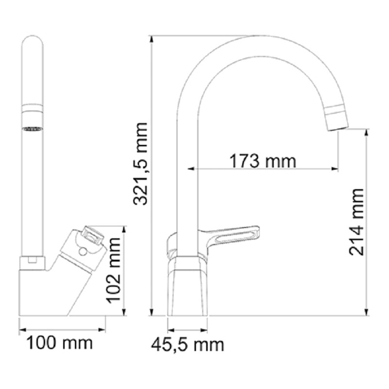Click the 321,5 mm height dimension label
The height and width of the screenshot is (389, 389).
140,164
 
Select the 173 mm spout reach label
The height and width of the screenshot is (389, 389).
263,161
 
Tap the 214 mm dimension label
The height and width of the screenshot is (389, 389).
356,222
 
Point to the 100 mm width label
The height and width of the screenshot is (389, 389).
59,343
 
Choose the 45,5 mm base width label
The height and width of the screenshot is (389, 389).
188,345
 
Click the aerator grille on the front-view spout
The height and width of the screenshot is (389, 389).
33,129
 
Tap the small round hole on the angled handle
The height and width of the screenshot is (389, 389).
82,252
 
